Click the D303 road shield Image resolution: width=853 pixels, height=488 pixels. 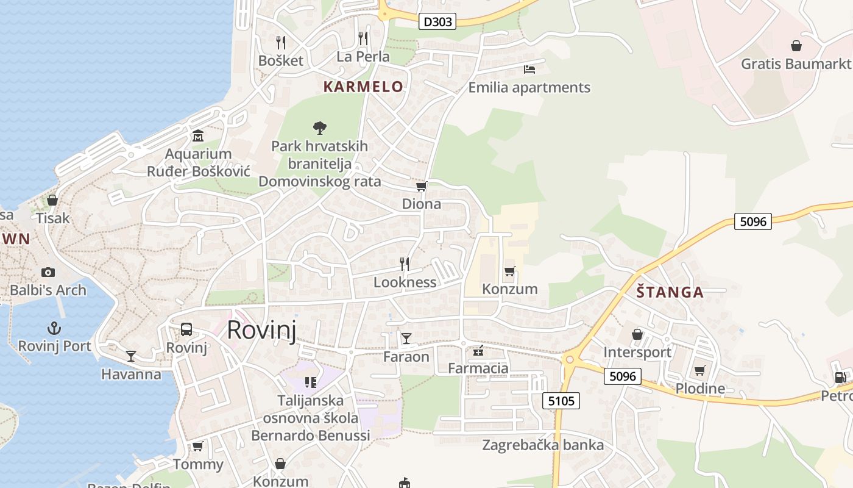point(437,22)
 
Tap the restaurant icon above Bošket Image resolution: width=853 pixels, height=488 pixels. point(281,42)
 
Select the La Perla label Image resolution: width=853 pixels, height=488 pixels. point(363,57)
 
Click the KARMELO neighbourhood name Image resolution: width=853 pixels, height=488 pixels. point(363,87)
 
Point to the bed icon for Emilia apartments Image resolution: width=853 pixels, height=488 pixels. point(529,69)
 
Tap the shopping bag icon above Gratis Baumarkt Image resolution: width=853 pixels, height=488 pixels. point(796,46)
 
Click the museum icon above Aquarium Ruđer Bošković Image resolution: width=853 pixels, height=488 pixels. point(198,135)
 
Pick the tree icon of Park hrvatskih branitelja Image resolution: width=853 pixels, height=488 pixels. point(319,127)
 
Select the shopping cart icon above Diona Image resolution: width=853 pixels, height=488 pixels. point(421,186)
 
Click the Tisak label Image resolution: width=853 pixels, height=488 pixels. point(53,218)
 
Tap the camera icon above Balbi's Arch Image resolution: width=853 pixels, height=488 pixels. point(48,272)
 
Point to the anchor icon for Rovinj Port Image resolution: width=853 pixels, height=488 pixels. point(54,328)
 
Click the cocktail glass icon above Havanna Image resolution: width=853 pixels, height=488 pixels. point(131,356)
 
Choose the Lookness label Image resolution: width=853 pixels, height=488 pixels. point(405,282)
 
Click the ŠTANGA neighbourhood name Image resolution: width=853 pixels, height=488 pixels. point(670,292)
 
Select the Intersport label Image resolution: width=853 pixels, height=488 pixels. point(637,352)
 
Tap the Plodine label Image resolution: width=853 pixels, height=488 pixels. point(700,389)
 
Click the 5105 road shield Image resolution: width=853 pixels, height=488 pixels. point(561,401)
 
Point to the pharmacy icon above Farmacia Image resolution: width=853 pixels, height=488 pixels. point(478,351)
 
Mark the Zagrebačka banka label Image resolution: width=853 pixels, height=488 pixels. point(543,445)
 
